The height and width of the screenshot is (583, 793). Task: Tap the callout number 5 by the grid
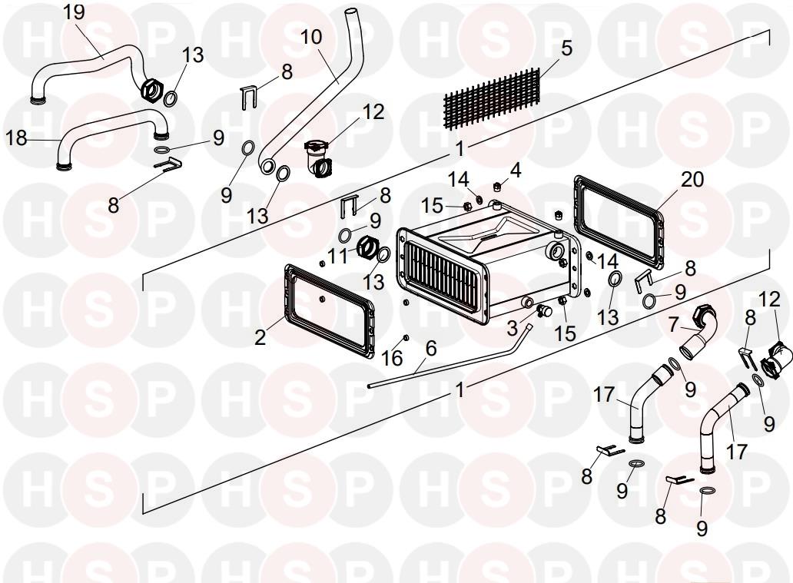pos(566,48)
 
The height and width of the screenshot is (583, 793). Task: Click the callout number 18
pos(17,137)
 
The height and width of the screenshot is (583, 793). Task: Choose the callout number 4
pos(516,170)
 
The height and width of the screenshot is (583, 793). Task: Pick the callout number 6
pos(430,348)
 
